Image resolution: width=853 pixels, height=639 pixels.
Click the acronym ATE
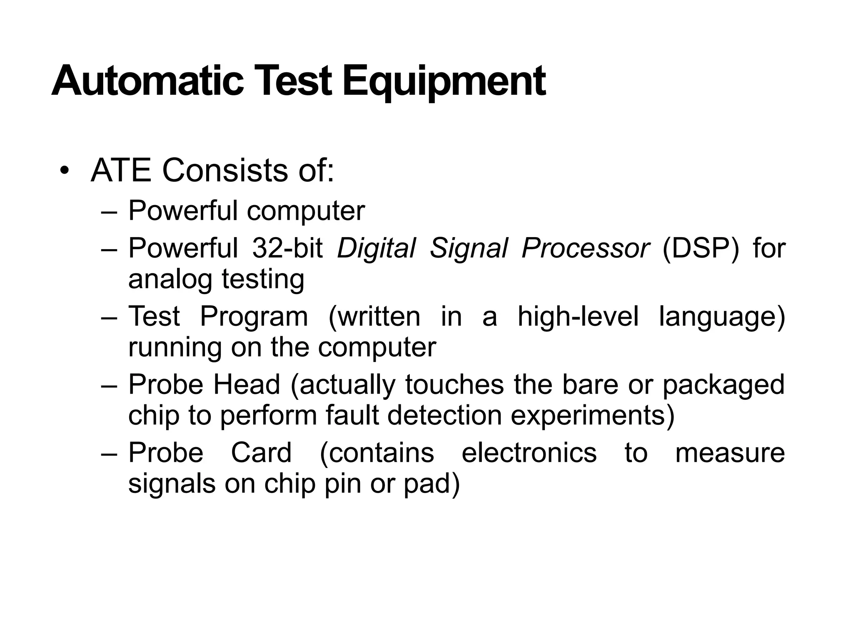point(121,171)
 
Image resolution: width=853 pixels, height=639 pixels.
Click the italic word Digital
point(376,249)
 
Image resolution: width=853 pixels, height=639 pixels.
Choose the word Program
point(254,317)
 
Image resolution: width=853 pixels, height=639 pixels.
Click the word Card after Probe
point(261,453)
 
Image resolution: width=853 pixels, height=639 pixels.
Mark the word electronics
point(529,453)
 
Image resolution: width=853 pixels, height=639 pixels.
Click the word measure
point(730,453)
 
